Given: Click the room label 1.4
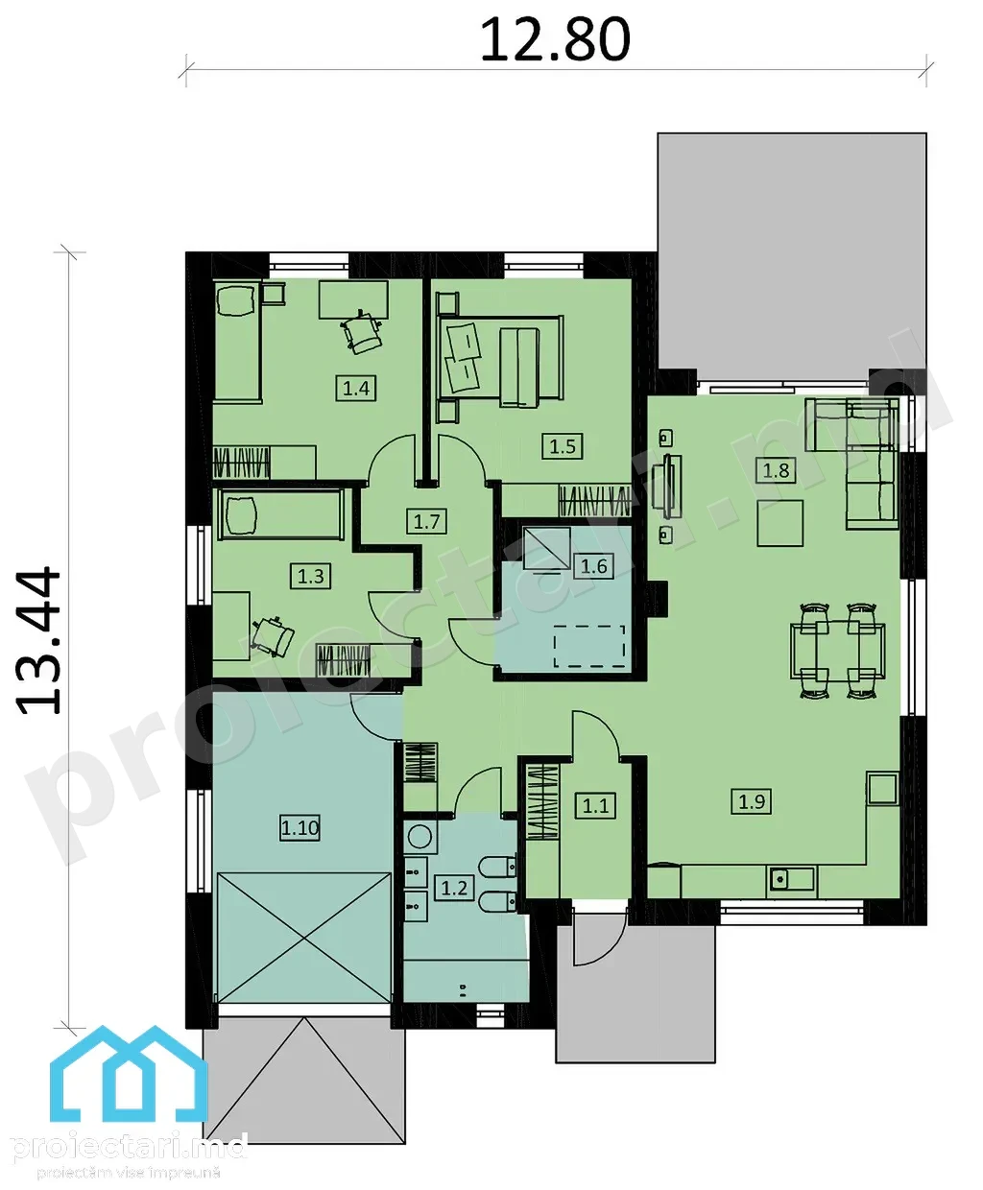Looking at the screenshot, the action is click(x=356, y=388).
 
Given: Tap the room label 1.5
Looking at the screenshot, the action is click(x=563, y=445).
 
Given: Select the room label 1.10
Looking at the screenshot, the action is click(x=300, y=827).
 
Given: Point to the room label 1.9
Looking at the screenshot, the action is click(x=752, y=801).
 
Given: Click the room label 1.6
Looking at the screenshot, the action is click(x=593, y=566).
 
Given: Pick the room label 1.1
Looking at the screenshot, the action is click(x=596, y=805).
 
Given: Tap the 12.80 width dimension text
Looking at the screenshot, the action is click(x=556, y=40).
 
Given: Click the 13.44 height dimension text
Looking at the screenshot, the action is click(x=38, y=641).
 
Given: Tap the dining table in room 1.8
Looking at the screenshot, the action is click(x=838, y=651).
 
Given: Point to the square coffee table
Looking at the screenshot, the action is click(x=780, y=523).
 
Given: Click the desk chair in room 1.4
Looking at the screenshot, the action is click(x=362, y=332).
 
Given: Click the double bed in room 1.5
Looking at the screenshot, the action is click(x=500, y=362).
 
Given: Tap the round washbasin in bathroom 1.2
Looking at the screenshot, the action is click(x=420, y=836).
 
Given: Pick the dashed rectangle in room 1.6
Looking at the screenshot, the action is click(x=589, y=646).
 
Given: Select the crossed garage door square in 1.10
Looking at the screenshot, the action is click(x=304, y=938).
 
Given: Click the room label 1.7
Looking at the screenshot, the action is click(x=426, y=521).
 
